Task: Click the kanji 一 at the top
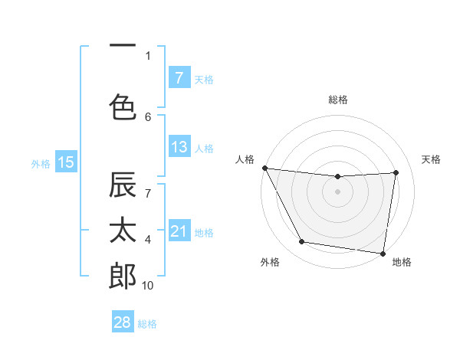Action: [123, 46]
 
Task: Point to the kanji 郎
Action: [123, 276]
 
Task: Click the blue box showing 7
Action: [179, 77]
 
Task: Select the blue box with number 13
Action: [179, 147]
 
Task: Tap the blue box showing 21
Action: [179, 231]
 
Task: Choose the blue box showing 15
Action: [66, 162]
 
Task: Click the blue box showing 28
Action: [122, 322]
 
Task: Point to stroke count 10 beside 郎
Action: [148, 285]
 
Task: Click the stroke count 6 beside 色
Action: [148, 116]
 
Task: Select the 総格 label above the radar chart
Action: [338, 100]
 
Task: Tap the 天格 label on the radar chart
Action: [431, 159]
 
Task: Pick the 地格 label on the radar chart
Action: [402, 262]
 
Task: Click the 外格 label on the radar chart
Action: [270, 262]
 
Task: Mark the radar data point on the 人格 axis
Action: [264, 168]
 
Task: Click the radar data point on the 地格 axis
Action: [383, 253]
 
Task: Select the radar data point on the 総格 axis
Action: [338, 177]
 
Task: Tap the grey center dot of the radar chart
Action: [338, 191]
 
